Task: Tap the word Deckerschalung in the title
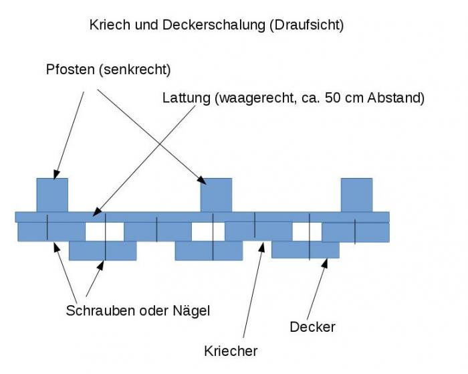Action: click(214, 25)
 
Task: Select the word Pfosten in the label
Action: click(70, 70)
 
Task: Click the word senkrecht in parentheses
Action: click(135, 70)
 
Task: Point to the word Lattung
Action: click(187, 98)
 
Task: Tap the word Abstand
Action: click(394, 98)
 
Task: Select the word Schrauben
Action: click(100, 310)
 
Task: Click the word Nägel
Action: click(191, 310)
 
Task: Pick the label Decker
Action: click(312, 326)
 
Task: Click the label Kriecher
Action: click(231, 351)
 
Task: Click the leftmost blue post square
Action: click(52, 195)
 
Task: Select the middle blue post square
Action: click(216, 195)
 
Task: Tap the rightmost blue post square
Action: click(356, 195)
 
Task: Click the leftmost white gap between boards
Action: click(104, 231)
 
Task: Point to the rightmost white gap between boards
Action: click(307, 231)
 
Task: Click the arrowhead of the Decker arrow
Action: click(325, 263)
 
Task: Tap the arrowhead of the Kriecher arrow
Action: click(262, 247)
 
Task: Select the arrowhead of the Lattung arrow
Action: click(97, 212)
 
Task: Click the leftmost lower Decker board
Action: click(103, 251)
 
